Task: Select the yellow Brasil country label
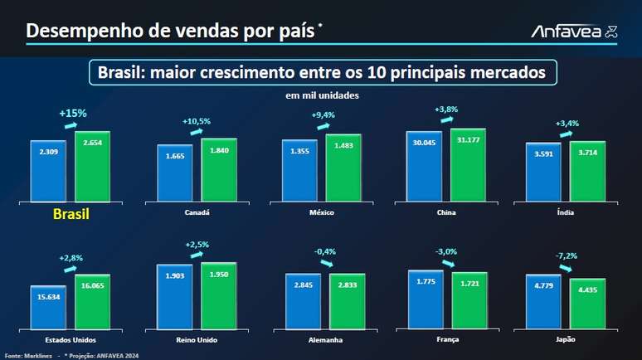(71, 215)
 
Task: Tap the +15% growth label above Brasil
(73, 113)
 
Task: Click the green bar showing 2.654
(92, 165)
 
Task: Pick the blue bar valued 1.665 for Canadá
(174, 172)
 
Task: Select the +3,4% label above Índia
(567, 124)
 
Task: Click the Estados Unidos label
(71, 340)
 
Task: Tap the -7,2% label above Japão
(567, 255)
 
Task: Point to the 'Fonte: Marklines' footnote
(28, 355)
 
